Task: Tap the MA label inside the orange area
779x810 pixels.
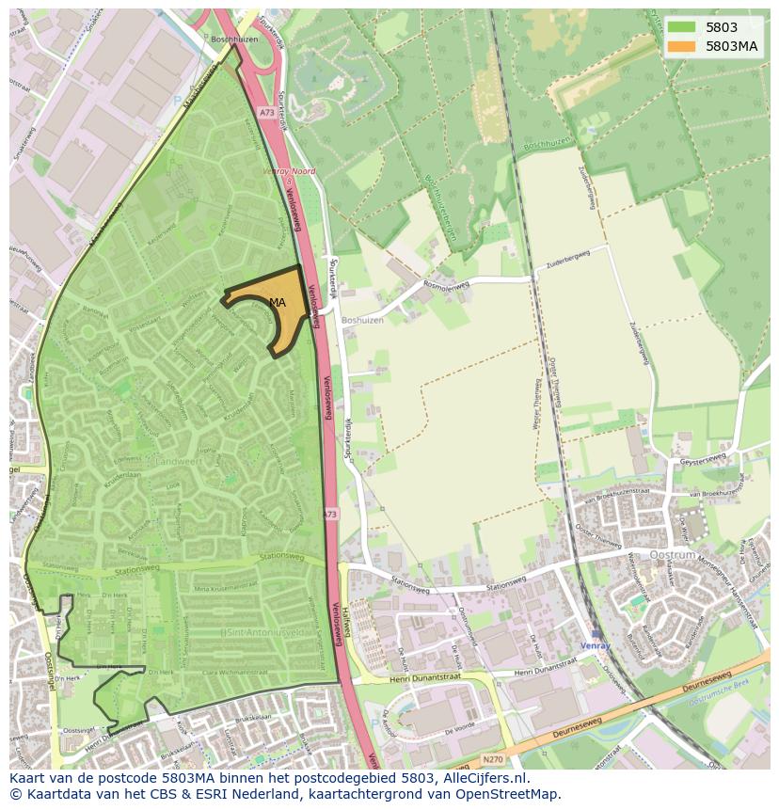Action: click(277, 302)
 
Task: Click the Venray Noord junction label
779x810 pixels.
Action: click(289, 172)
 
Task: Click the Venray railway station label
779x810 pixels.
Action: click(595, 646)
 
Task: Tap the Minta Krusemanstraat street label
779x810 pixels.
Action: click(230, 588)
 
